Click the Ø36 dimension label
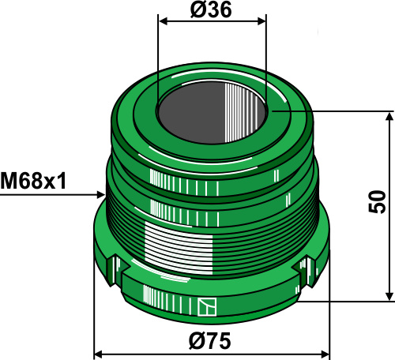pyautogui.click(x=212, y=9)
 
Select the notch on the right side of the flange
pyautogui.click(x=303, y=274)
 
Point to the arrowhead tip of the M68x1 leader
pyautogui.click(x=104, y=193)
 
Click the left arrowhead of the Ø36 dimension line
pyautogui.click(x=162, y=23)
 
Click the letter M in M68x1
pyautogui.click(x=9, y=182)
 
